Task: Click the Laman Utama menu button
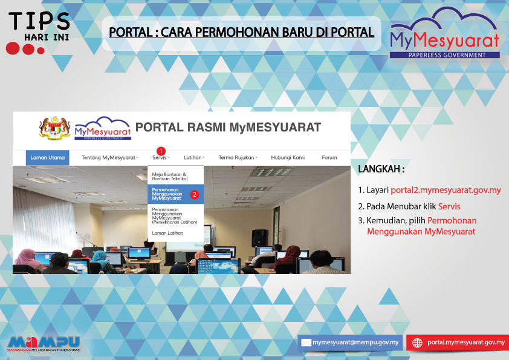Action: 47,157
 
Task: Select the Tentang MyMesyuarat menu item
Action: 110,157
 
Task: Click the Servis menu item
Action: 161,157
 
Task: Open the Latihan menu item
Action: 194,157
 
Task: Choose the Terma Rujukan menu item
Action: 238,157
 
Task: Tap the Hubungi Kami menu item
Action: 288,157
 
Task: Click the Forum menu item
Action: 329,157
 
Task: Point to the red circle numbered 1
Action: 161,151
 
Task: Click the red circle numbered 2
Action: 195,194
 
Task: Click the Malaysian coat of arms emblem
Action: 55,128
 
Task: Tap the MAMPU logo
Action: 44,344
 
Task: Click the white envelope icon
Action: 306,342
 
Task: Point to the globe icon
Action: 417,343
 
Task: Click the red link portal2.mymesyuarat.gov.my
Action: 446,190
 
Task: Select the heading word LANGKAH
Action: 379,169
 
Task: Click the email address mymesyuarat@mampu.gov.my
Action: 355,342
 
